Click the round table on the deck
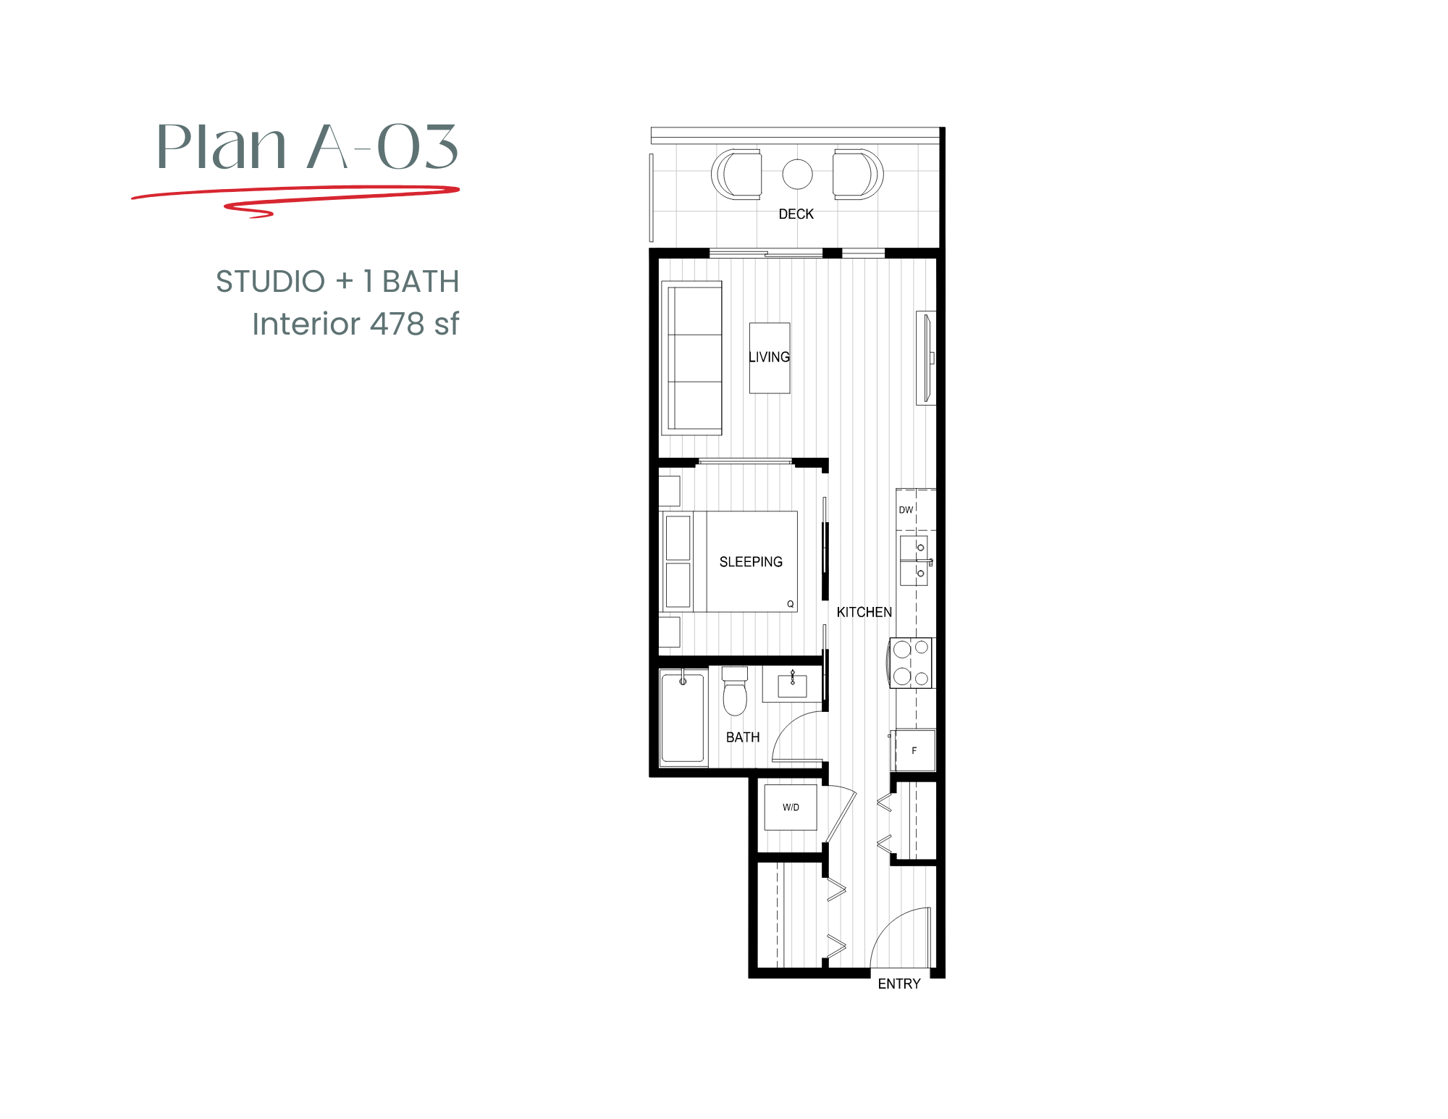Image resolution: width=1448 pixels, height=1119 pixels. pos(797,174)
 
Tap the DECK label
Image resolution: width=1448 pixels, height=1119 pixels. pos(796,214)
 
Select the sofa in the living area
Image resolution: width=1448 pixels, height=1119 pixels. pos(693,358)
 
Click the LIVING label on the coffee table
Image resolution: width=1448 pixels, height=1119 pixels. pos(769,357)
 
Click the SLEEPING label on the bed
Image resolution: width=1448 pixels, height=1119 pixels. pos(751,562)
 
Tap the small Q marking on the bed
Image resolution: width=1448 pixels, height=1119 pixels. pos(791,604)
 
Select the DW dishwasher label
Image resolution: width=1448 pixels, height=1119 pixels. pos(906,510)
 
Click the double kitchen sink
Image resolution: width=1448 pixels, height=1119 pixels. pos(914,561)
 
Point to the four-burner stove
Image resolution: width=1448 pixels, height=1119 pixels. pos(912,663)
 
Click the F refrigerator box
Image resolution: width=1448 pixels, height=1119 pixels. pos(914,750)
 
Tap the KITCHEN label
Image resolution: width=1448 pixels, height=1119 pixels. pos(864,613)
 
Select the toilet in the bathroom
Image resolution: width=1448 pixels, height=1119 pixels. pos(735,693)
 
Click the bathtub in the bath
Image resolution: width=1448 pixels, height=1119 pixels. pos(683,717)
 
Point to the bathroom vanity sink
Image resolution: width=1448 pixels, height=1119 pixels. pos(792,685)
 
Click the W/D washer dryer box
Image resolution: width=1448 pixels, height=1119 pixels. pos(791,807)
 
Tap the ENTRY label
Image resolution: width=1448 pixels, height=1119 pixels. pos(898,984)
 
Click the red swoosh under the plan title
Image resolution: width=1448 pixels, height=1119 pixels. pos(296,194)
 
